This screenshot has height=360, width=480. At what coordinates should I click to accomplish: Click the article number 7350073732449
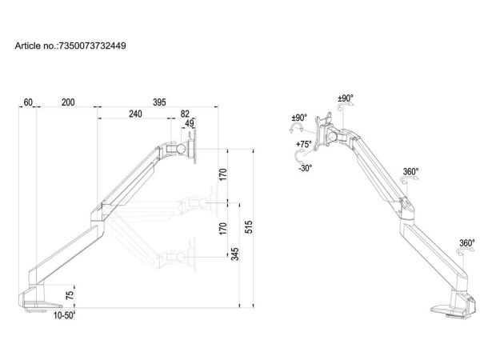92,46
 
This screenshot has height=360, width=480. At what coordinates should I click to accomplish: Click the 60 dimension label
29,102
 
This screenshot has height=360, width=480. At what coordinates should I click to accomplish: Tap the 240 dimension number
135,114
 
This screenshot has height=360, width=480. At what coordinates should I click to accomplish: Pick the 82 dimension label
186,114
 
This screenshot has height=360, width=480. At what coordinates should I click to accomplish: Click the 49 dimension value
189,123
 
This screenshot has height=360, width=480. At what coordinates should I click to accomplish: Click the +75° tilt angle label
303,144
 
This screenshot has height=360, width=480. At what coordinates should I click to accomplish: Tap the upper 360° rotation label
410,171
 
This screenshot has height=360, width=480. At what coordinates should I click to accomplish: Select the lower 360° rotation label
466,243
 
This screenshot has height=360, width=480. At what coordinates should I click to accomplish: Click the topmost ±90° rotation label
346,98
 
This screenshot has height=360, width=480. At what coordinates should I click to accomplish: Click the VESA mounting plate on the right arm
324,132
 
